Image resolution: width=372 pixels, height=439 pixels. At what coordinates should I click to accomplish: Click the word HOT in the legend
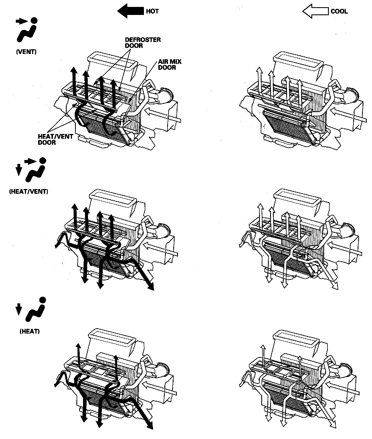coord(152,11)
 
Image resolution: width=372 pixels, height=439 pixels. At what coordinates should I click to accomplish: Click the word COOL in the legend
coord(339,11)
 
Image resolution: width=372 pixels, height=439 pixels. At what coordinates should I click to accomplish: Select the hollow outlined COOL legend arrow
coord(316,11)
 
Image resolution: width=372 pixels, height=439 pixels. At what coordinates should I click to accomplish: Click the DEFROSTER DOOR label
coord(143,42)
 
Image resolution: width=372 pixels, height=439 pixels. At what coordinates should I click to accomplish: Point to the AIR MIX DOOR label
coord(170,64)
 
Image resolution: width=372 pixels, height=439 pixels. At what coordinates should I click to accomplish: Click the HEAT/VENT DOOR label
coord(55,140)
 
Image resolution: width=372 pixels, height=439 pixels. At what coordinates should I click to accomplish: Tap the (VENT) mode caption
coord(26,52)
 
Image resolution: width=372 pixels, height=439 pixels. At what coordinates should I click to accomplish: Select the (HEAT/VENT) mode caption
coord(29,192)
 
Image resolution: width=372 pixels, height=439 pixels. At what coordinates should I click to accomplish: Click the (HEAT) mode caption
coord(30,331)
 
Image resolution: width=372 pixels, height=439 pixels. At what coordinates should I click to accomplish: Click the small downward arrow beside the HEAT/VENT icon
coord(18,169)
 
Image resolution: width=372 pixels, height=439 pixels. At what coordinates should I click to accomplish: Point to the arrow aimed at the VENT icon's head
coord(21,21)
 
